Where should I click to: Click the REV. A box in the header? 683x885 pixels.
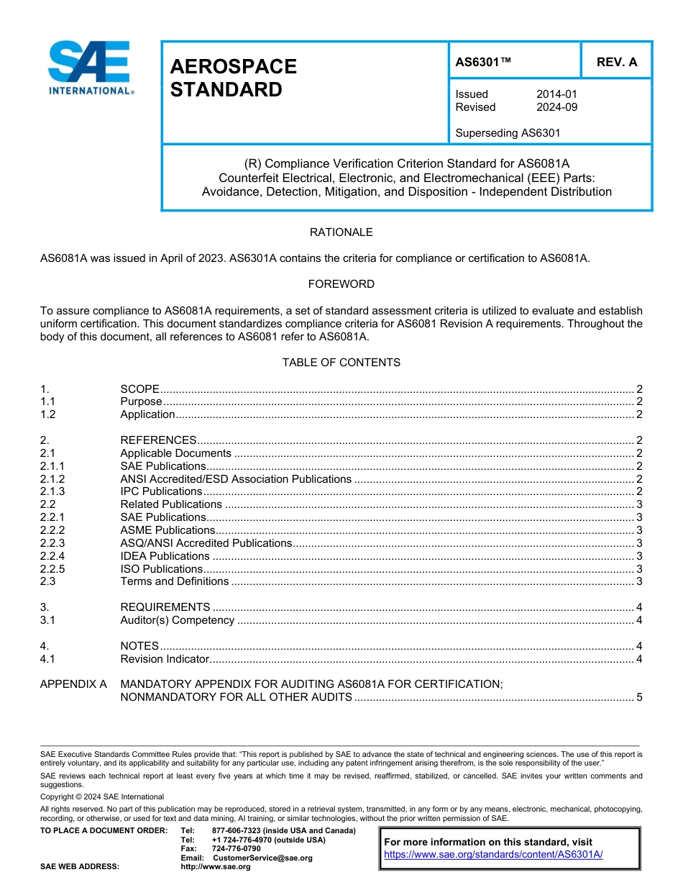[616, 62]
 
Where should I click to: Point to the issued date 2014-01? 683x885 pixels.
[556, 94]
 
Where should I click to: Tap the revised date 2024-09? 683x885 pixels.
[556, 107]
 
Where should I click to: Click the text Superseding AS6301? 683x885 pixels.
[508, 132]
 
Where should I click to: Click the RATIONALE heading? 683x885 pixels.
[341, 232]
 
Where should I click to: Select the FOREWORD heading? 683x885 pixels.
[341, 284]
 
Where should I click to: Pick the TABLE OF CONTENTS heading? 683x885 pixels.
[341, 363]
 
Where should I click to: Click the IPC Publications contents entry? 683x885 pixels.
[161, 491]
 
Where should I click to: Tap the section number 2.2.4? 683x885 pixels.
[52, 556]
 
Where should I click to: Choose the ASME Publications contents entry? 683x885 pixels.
[168, 530]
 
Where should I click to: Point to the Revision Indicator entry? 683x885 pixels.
[165, 659]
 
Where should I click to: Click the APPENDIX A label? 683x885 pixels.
[73, 684]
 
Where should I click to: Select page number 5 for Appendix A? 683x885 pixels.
[639, 697]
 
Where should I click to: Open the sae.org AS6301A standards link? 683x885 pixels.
[493, 855]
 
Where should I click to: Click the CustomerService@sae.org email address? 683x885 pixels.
[262, 858]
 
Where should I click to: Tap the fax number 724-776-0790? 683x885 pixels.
[237, 849]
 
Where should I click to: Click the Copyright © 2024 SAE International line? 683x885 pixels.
[102, 796]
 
